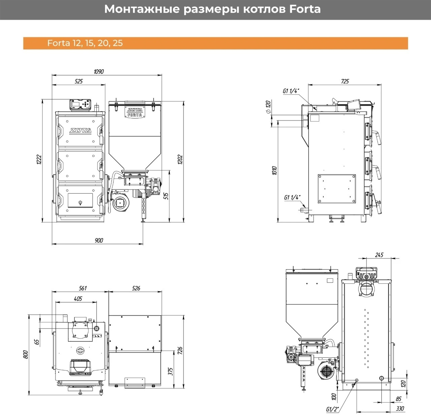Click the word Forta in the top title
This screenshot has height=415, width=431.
click(x=305, y=9)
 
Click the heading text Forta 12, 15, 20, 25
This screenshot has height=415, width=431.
click(x=85, y=43)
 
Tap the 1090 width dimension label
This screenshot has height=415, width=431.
click(x=99, y=71)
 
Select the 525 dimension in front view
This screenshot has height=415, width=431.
click(x=78, y=81)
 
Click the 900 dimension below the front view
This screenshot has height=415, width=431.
click(x=98, y=240)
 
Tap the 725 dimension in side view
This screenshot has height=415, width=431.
click(x=345, y=81)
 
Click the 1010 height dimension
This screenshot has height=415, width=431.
click(x=274, y=171)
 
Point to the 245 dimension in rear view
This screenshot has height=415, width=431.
click(x=379, y=255)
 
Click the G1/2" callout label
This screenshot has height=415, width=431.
click(x=332, y=409)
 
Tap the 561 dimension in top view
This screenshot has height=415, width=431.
click(x=82, y=288)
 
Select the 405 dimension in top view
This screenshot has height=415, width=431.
click(x=78, y=299)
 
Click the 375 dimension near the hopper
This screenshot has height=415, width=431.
click(x=170, y=371)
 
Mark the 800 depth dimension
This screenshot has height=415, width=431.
click(x=26, y=354)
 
